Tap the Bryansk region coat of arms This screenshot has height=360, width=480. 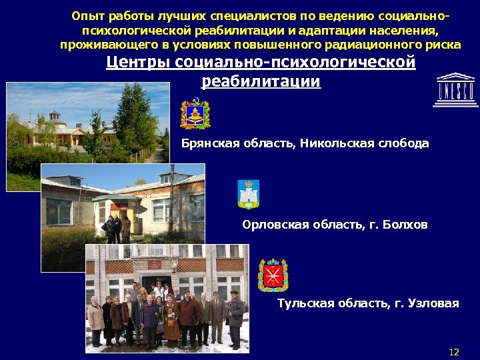click(195, 114)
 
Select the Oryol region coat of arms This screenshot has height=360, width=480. click(249, 194)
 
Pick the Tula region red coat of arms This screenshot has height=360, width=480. click(273, 275)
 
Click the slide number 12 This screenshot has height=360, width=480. click(455, 351)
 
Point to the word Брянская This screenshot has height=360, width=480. click(206, 143)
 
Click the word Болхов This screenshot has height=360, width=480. click(405, 225)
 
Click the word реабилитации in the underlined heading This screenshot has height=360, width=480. click(261, 81)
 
